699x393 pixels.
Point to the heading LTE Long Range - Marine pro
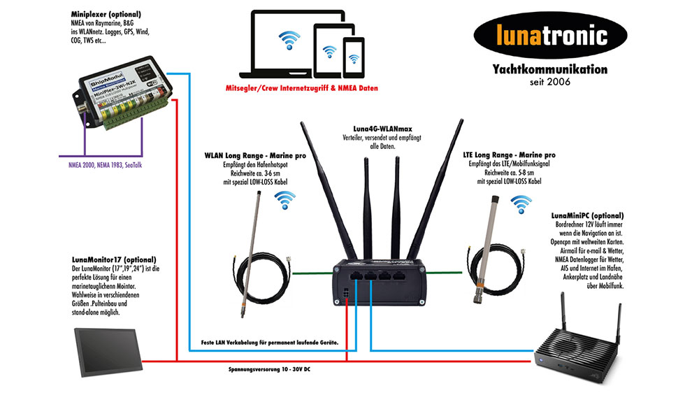point(511,155)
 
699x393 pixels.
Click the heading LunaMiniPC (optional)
point(587,216)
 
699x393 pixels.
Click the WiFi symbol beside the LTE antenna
point(520,202)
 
